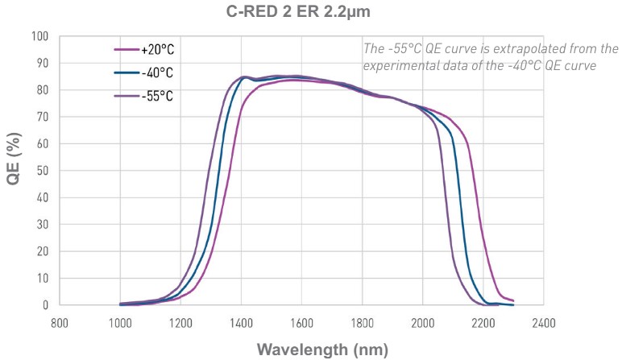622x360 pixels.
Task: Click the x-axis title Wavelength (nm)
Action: pos(321,350)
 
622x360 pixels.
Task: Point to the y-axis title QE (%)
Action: pos(14,171)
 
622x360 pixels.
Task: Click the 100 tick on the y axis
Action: pos(39,36)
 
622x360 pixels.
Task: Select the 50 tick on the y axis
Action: pos(42,171)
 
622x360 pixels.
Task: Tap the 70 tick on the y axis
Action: pos(42,117)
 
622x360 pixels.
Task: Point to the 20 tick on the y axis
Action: pos(42,251)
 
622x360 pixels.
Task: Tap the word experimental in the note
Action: pos(400,66)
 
